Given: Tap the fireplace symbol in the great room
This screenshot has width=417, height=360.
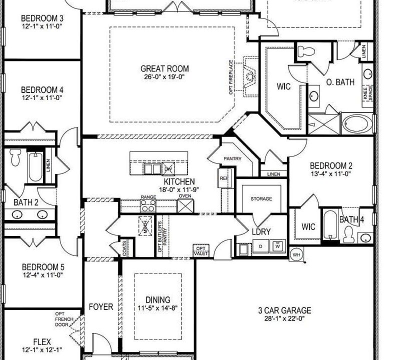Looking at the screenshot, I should (248, 76).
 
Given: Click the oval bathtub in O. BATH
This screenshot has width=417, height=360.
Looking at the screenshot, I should (357, 123).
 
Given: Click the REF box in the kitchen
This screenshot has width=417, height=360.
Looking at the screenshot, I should (223, 178).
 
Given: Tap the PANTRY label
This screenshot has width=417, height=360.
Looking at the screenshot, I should (232, 159).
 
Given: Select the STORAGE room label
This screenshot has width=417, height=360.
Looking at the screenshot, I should (261, 199).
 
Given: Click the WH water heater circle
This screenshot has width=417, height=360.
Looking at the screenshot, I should (296, 254).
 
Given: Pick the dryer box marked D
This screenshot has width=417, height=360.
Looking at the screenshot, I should (260, 246).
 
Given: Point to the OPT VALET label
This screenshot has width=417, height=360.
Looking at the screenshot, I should (201, 251).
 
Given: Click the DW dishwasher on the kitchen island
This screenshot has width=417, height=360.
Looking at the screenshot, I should (168, 168).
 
